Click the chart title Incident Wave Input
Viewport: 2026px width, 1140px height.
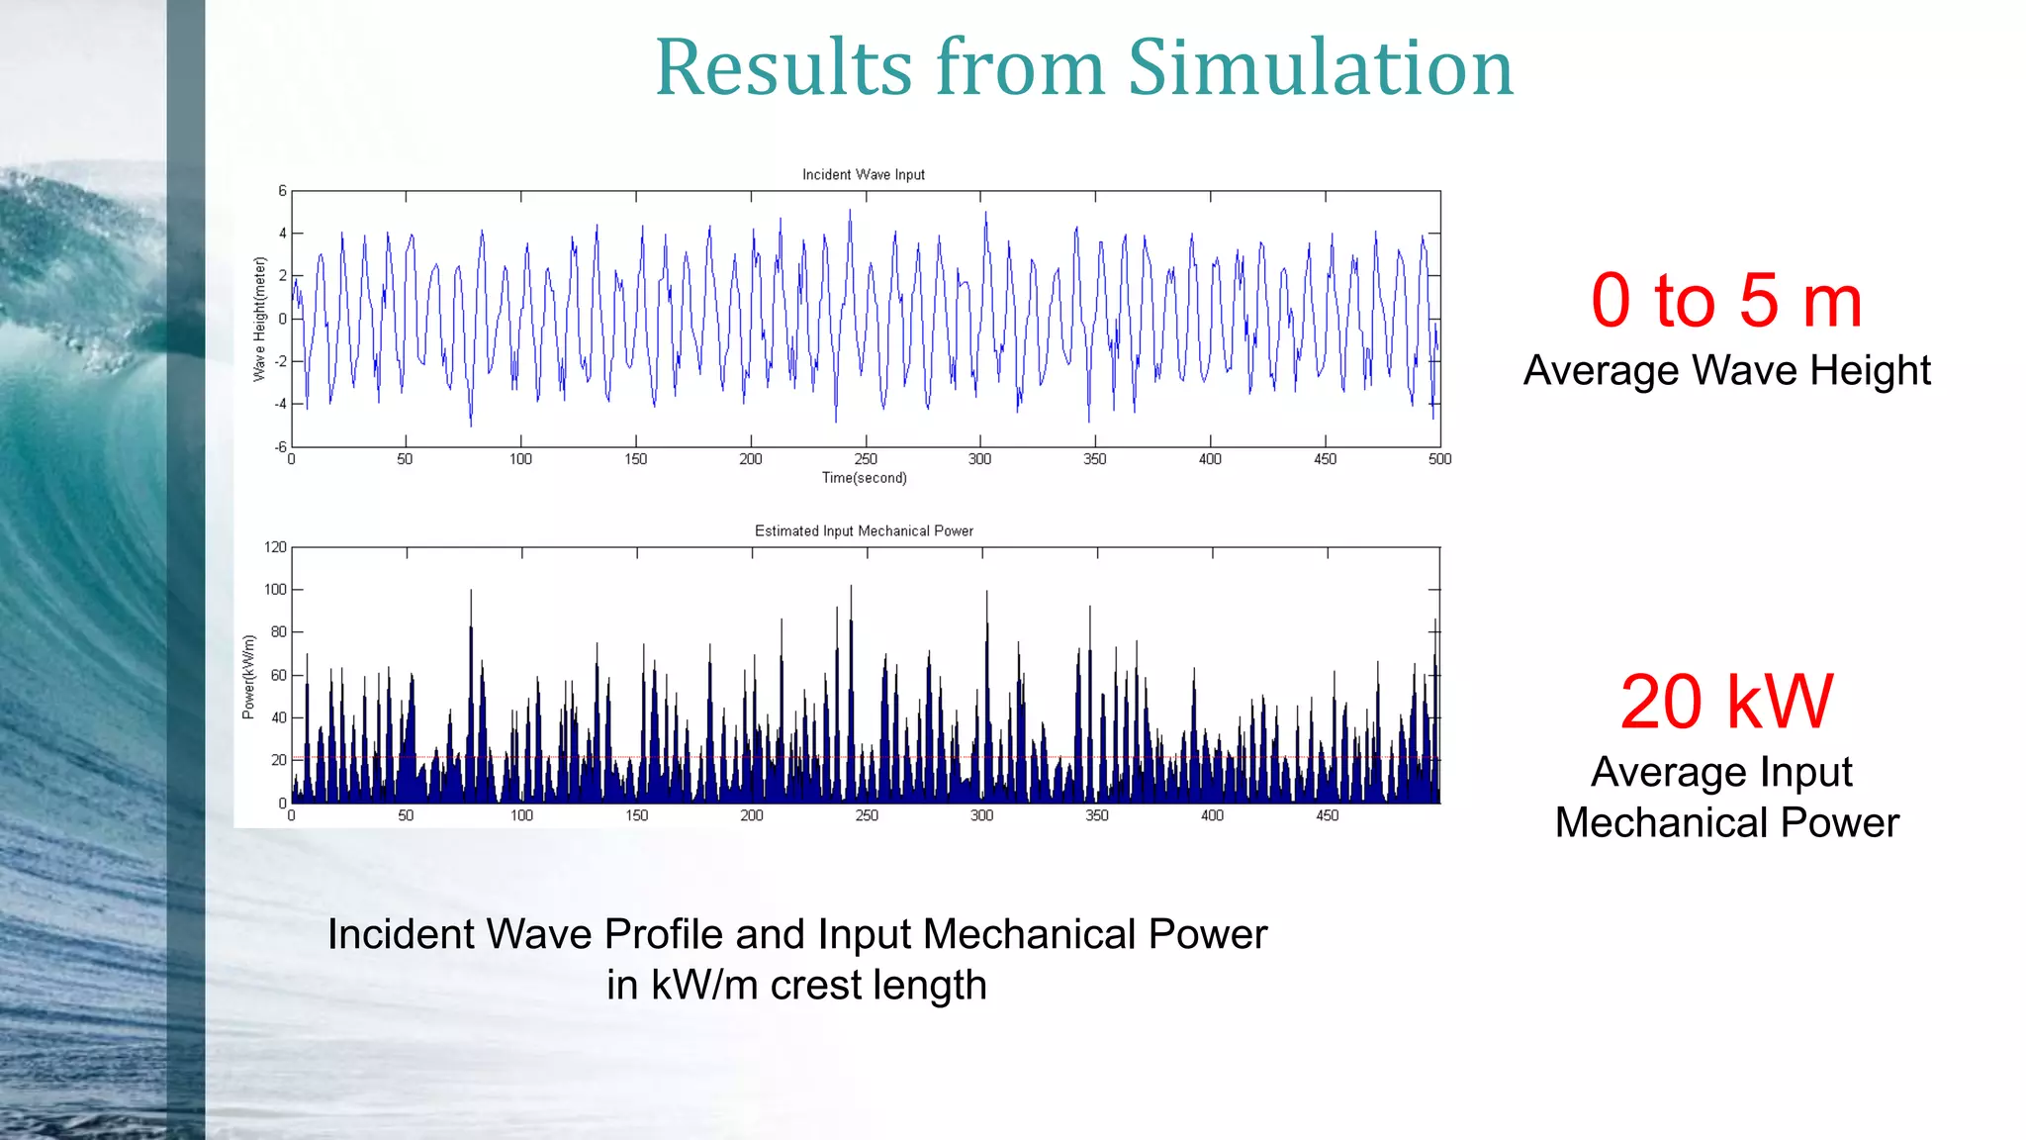click(x=863, y=175)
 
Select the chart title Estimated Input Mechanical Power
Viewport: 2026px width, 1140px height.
click(x=864, y=531)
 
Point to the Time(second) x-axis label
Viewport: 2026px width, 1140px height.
click(x=864, y=478)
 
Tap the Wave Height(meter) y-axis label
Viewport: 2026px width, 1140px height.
click(x=260, y=319)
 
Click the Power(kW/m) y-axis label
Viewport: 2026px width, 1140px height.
click(x=248, y=677)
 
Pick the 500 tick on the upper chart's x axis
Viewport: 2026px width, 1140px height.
click(x=1439, y=459)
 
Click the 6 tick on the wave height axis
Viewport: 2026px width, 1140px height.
click(x=282, y=191)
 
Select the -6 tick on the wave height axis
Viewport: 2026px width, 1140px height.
click(x=281, y=447)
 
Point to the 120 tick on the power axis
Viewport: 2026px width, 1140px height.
click(x=275, y=547)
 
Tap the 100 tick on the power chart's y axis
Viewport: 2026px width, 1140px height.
click(x=275, y=590)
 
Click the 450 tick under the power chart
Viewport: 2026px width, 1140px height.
click(x=1327, y=815)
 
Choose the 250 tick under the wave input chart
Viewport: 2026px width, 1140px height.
click(x=866, y=459)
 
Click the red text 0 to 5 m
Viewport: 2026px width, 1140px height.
click(x=1726, y=301)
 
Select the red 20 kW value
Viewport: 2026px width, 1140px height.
click(x=1726, y=702)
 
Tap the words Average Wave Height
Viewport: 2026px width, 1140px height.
click(x=1726, y=371)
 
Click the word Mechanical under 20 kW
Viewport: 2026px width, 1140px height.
click(x=1662, y=823)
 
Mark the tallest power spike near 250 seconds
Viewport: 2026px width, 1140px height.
click(x=851, y=589)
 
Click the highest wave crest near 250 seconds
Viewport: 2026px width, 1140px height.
click(x=849, y=212)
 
